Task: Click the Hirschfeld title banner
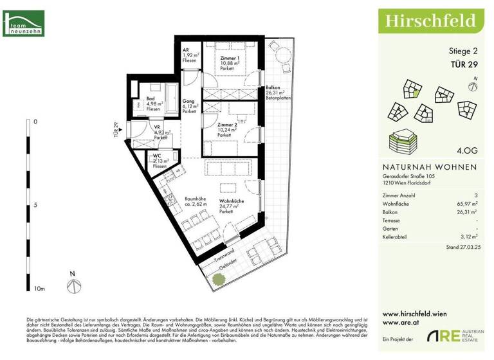(x=431, y=21)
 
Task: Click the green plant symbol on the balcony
(x=218, y=280)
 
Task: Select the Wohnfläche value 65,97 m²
(x=464, y=203)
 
